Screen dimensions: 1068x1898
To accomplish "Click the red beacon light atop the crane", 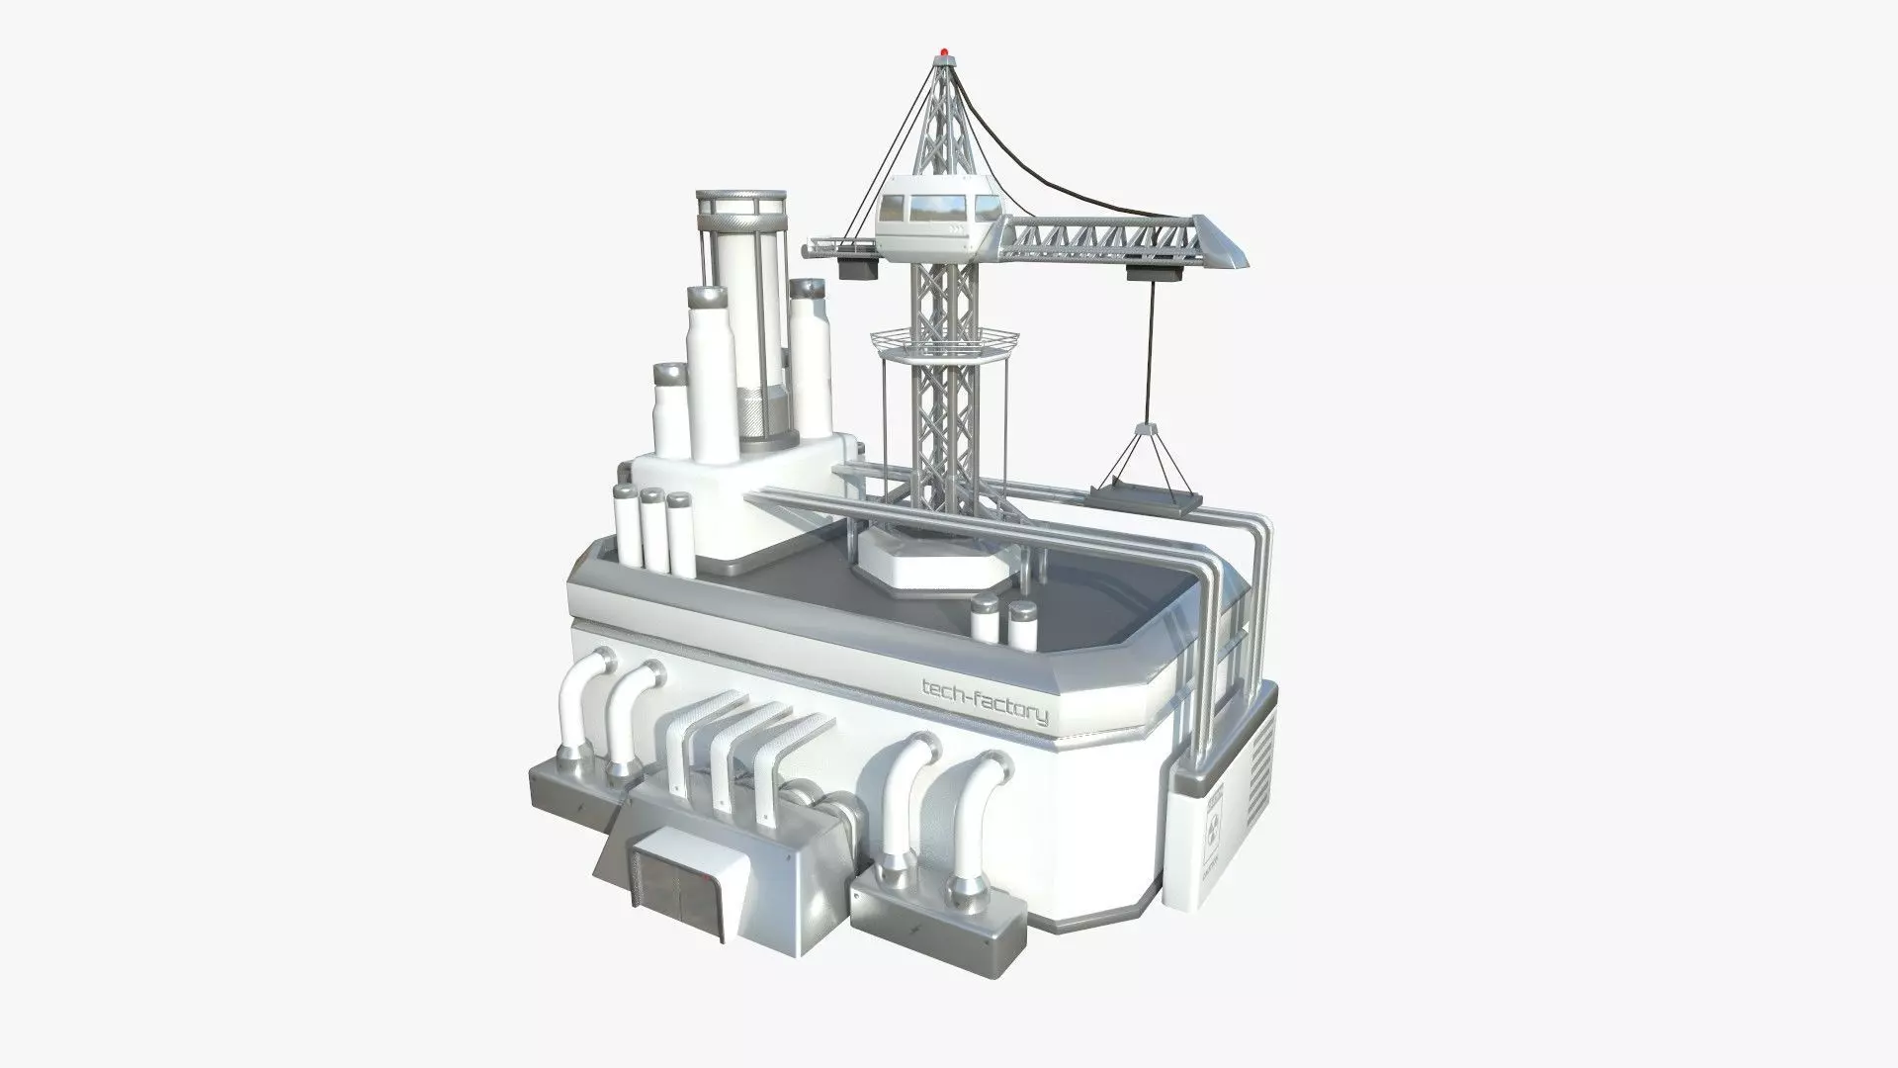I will (x=948, y=47).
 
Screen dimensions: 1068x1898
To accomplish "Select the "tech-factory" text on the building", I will (x=984, y=700).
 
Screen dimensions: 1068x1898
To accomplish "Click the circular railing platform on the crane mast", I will (x=943, y=345).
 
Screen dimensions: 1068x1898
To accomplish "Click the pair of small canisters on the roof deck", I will (x=1004, y=618).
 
